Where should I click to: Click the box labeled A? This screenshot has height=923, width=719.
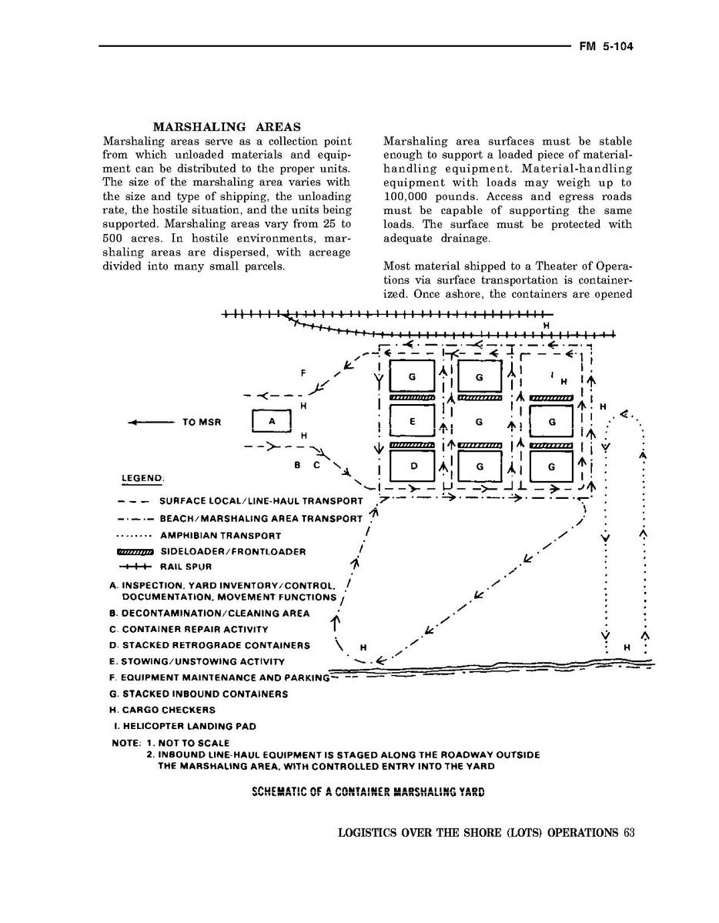tap(272, 422)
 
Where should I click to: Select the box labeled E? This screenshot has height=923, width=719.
tap(412, 422)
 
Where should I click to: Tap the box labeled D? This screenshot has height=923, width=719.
tap(413, 467)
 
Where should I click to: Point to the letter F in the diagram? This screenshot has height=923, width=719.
tap(304, 373)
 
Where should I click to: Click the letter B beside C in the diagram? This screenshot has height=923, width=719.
tap(297, 465)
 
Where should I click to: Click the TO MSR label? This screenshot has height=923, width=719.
tap(202, 423)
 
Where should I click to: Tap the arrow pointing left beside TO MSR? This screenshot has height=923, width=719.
tap(150, 423)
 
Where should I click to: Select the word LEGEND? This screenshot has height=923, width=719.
tap(142, 478)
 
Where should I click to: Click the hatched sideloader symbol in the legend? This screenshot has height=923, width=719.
tap(135, 551)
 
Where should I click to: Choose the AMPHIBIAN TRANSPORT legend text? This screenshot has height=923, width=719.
tap(220, 535)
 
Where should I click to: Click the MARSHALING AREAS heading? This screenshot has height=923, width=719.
tap(226, 127)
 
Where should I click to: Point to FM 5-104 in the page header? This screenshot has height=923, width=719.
tap(606, 46)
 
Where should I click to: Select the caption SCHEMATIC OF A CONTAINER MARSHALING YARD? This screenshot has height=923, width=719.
tap(367, 792)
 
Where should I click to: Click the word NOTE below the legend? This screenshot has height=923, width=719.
tap(126, 743)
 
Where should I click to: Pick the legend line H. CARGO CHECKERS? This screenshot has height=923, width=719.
tap(163, 710)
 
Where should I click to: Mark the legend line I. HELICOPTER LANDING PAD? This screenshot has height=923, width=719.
tap(184, 726)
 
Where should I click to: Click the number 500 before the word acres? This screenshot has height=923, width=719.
tap(113, 239)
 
